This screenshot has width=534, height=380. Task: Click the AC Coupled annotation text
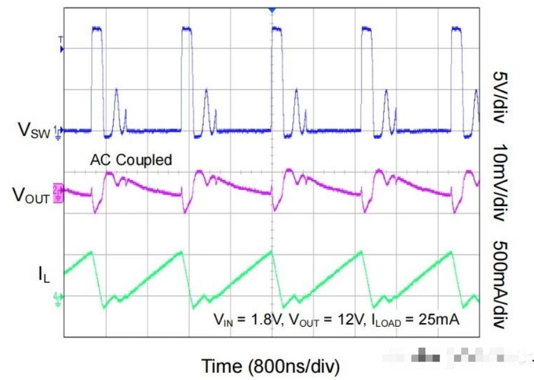point(131,159)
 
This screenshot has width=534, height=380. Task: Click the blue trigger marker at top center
point(272,10)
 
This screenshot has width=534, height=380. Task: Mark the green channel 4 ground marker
point(59,296)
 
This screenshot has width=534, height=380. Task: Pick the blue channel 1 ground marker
point(59,129)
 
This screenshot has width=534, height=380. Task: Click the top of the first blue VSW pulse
point(97,28)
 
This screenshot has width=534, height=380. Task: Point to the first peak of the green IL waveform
point(91,252)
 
